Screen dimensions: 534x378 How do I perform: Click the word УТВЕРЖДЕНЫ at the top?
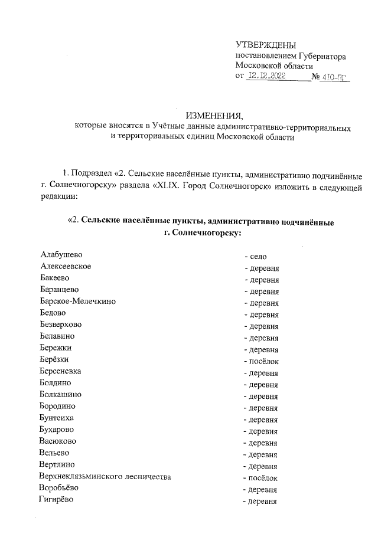click(266, 45)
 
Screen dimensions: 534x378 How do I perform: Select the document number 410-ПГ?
click(335, 76)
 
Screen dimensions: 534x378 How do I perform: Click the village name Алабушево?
click(61, 255)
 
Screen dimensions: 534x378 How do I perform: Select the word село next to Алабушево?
click(259, 257)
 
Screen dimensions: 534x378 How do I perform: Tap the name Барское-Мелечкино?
click(78, 302)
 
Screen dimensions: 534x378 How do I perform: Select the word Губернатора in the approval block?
click(322, 56)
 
